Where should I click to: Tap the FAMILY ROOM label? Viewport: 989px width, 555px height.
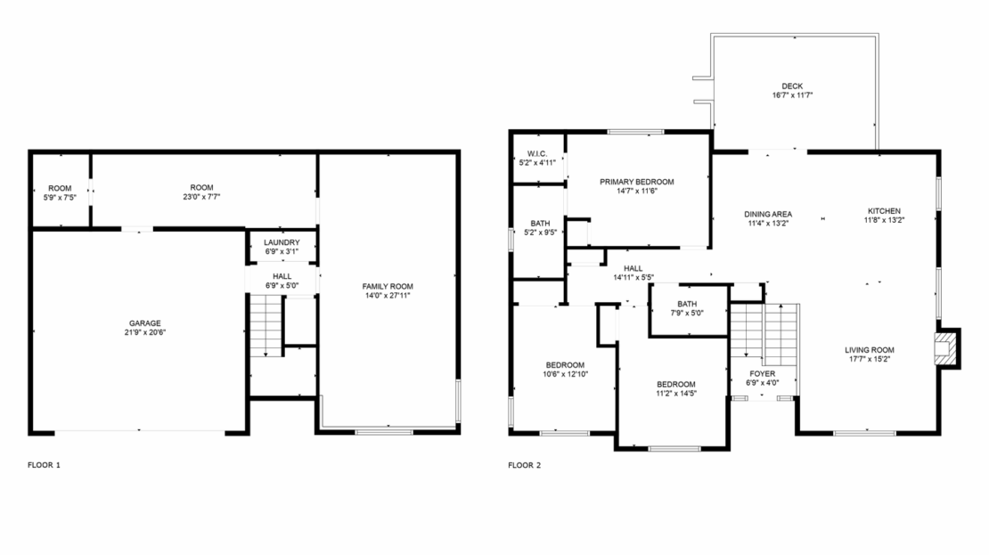click(388, 286)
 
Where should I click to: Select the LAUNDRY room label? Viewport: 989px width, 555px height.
click(282, 242)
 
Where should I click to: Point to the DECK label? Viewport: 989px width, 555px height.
click(793, 86)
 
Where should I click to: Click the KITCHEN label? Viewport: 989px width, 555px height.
click(884, 211)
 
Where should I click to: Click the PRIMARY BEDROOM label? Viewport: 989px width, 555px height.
click(636, 182)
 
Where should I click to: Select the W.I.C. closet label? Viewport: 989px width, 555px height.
click(537, 153)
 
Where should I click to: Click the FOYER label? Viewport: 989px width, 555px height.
click(762, 373)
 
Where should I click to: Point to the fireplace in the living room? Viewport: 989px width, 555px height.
click(947, 349)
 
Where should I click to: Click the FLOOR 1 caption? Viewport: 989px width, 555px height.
click(44, 465)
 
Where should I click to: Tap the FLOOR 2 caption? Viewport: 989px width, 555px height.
click(524, 465)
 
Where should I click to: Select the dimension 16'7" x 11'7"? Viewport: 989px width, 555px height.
click(793, 94)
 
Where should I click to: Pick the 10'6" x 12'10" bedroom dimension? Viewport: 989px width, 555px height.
click(565, 374)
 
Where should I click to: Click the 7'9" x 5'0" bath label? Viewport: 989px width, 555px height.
click(686, 313)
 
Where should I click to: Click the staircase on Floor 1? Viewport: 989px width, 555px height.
click(265, 326)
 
